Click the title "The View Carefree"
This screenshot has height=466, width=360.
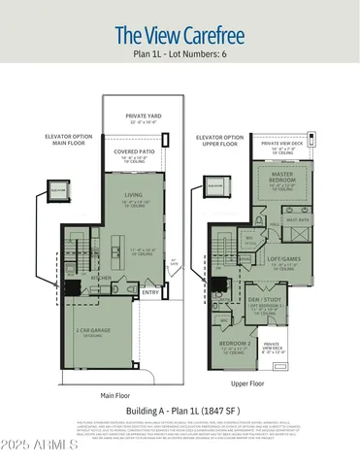[x=180, y=36]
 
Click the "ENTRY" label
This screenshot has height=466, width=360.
[x=150, y=292]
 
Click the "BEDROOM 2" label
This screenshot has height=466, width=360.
[x=236, y=344]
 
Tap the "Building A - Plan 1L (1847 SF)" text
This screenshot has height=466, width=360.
[x=180, y=412]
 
